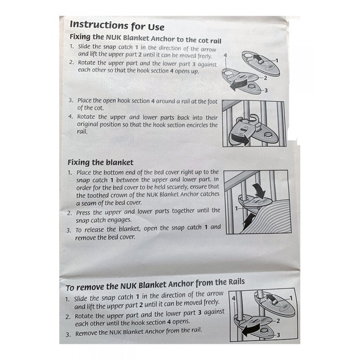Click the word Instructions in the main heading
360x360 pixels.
pos(99,25)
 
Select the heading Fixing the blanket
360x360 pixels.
pos(100,163)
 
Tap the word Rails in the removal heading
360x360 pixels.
pos(237,282)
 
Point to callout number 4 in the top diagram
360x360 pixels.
pos(225,56)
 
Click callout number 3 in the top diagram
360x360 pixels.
pos(266,91)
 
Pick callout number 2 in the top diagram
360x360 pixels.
pos(265,78)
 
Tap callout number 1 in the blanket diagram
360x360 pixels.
pos(236,208)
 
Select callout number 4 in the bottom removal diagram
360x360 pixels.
pos(233,298)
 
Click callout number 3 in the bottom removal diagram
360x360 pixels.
pos(278,335)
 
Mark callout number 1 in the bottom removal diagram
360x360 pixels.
pos(291,298)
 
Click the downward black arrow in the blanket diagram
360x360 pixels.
pos(259,190)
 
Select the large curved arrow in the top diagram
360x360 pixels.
pos(239,84)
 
